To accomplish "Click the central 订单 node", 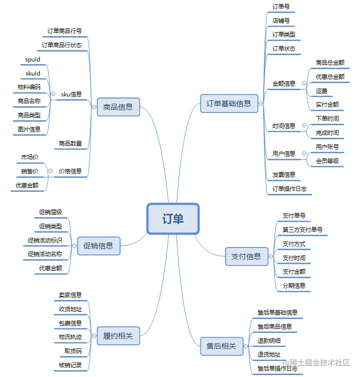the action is [173, 219].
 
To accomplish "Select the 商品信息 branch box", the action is [118, 107].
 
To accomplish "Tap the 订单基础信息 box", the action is [229, 103].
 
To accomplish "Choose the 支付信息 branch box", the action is [246, 256].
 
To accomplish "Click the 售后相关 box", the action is [221, 346].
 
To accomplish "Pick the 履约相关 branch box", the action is [118, 335].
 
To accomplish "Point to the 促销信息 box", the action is [98, 246].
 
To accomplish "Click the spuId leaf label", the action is [33, 59].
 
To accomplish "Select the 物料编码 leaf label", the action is [29, 87].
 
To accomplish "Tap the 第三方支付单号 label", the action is [302, 229].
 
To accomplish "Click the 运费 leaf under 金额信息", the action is [322, 91].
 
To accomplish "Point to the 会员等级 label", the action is [327, 161].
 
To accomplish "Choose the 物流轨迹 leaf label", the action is [70, 337].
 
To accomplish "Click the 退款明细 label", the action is [269, 340].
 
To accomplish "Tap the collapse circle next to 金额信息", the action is [304, 83].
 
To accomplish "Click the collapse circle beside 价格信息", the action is [50, 171].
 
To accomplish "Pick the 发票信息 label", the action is [284, 174].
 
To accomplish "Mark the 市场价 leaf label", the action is [30, 157].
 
